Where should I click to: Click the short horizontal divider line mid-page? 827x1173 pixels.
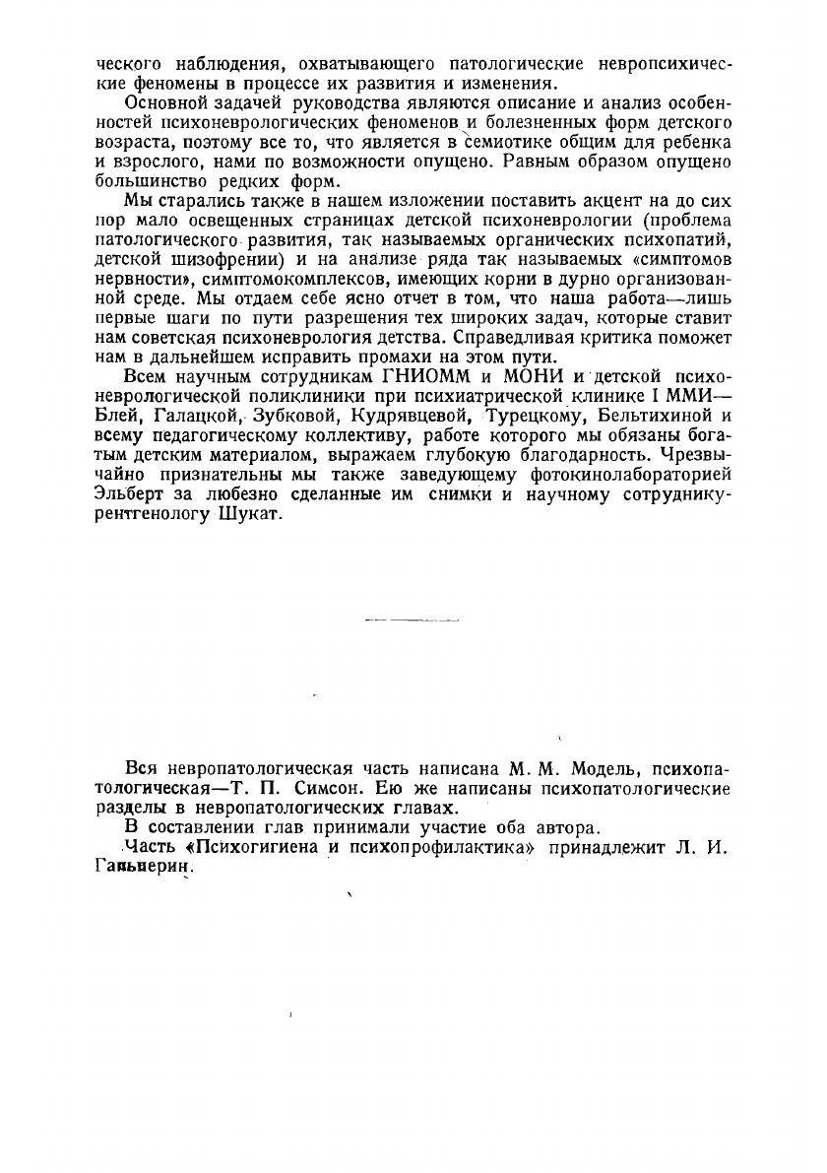tap(412, 621)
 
